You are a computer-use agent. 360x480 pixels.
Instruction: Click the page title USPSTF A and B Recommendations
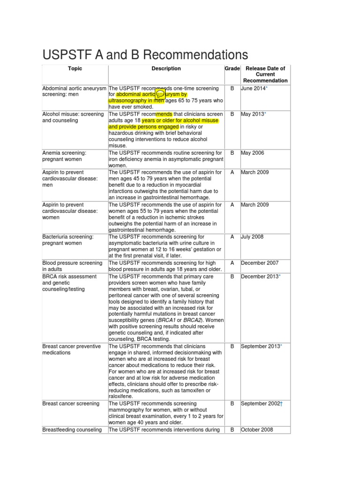(x=145, y=54)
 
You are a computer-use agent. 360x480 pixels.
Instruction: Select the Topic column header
(x=75, y=68)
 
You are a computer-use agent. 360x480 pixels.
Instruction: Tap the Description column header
(x=166, y=68)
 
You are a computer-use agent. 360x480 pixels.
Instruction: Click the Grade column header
(x=232, y=68)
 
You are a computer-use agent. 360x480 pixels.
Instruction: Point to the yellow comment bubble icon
(x=160, y=95)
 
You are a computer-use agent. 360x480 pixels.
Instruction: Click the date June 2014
(x=253, y=89)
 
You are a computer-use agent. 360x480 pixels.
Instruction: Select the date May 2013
(x=252, y=114)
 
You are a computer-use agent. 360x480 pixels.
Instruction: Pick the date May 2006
(x=252, y=153)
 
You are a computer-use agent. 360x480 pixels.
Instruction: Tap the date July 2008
(x=252, y=237)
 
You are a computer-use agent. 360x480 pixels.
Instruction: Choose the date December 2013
(x=260, y=276)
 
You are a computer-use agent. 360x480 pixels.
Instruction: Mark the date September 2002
(x=261, y=404)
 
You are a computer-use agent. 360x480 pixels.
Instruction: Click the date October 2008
(x=257, y=429)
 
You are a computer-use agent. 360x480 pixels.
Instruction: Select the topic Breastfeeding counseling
(x=72, y=429)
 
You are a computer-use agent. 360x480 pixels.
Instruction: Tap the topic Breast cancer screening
(x=71, y=404)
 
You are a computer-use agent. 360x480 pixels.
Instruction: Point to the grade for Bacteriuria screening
(x=232, y=237)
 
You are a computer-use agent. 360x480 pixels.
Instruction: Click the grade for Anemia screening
(x=232, y=153)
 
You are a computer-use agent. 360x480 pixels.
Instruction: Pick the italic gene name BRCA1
(x=168, y=320)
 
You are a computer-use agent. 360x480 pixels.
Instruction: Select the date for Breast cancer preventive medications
(x=261, y=346)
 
